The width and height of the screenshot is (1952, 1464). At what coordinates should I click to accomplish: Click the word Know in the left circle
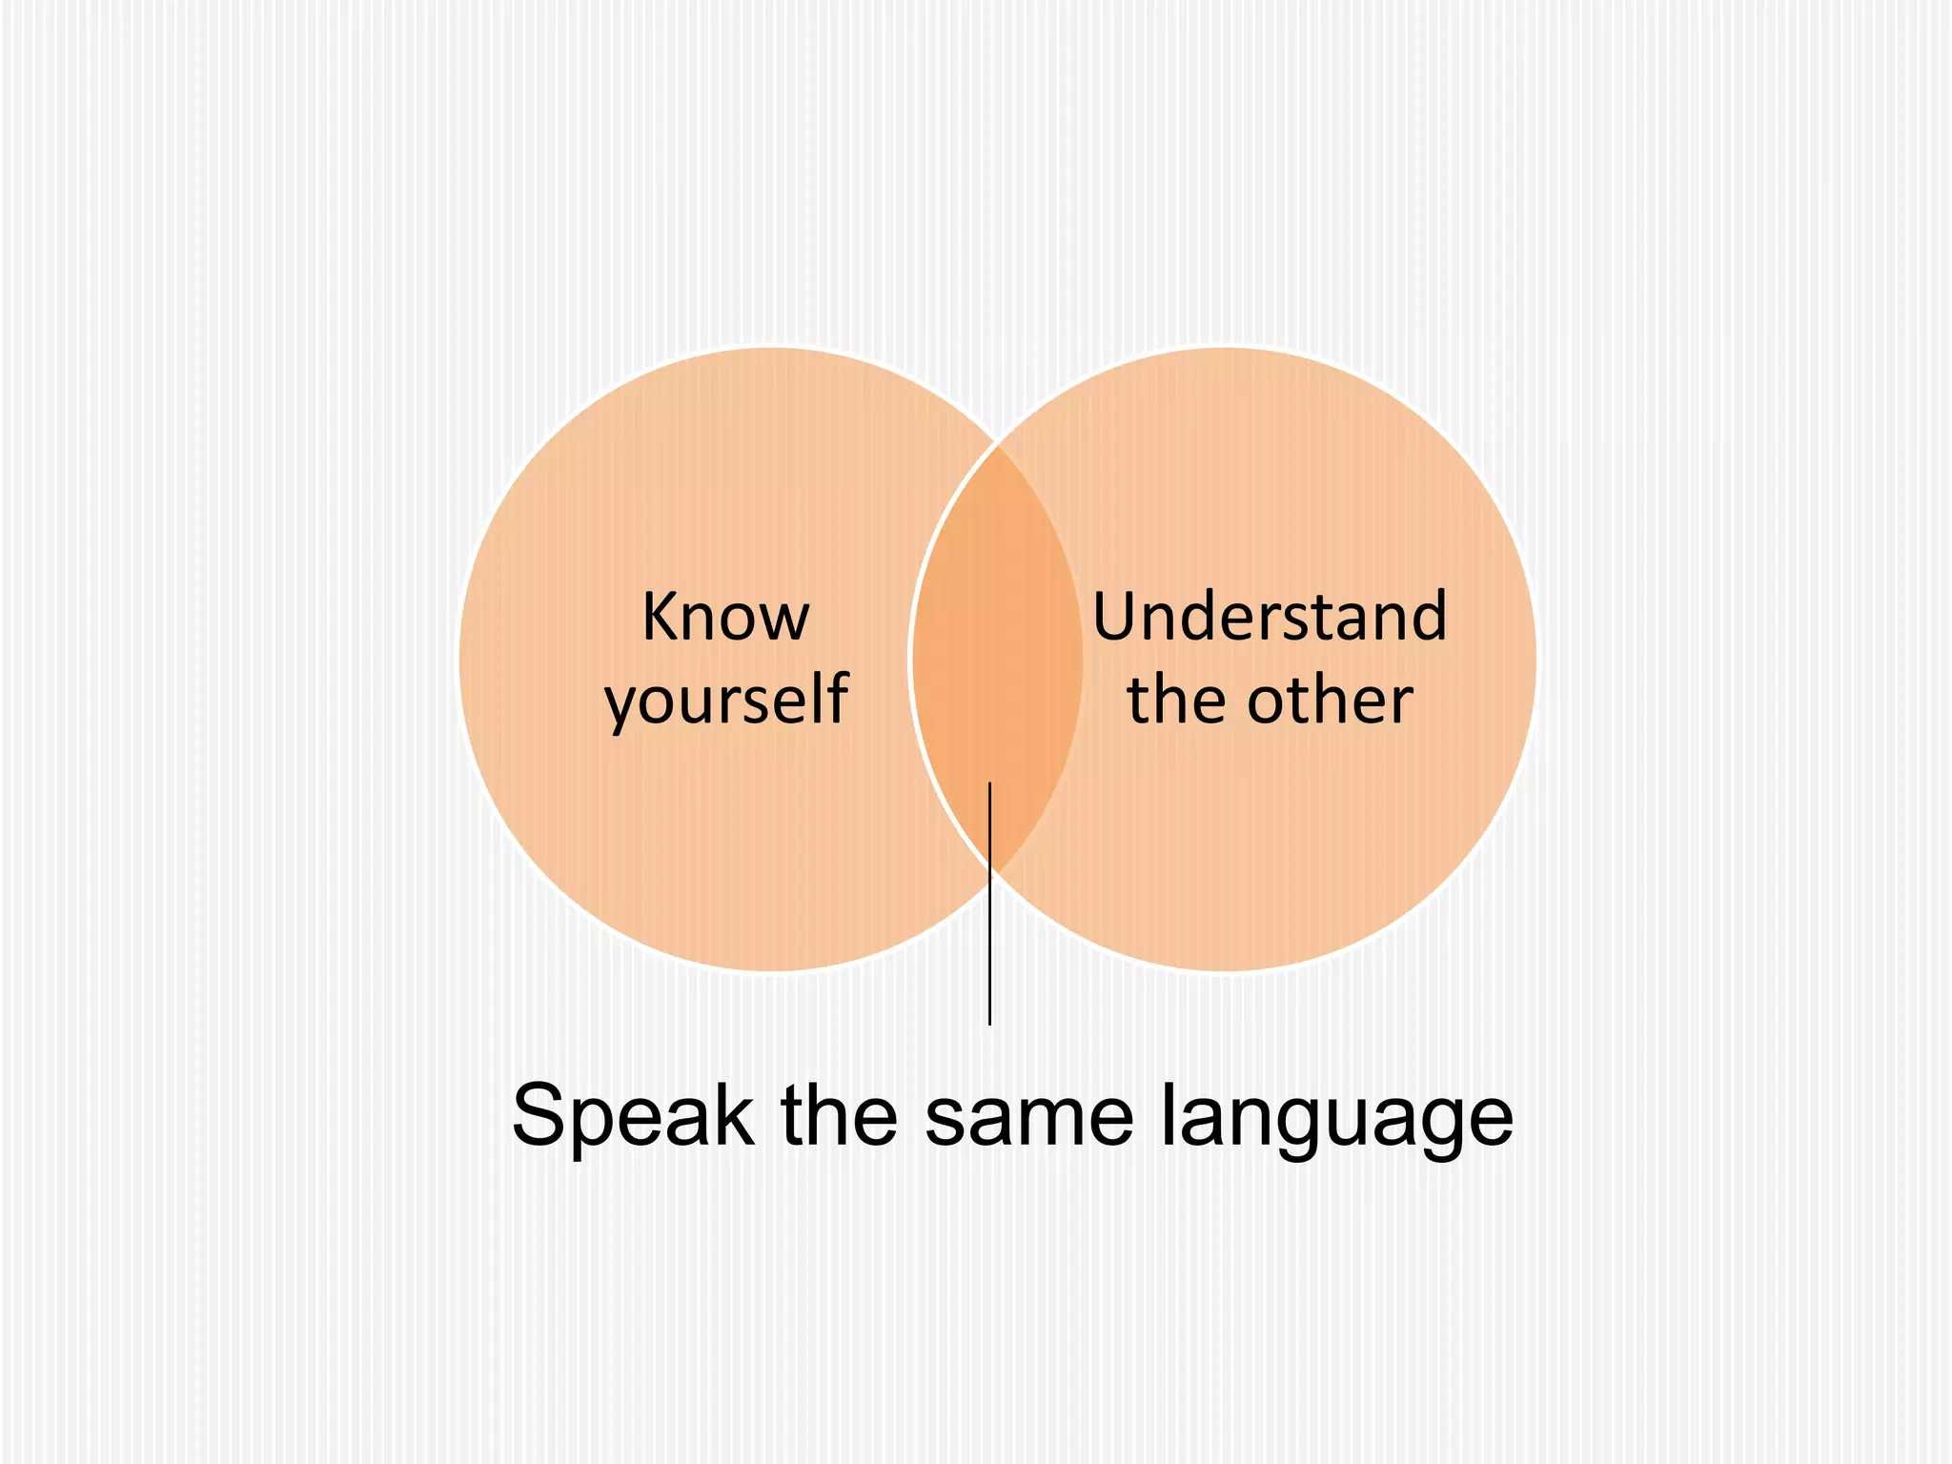(x=725, y=617)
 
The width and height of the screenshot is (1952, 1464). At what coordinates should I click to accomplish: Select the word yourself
(x=726, y=701)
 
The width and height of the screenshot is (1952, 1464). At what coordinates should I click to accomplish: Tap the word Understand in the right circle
(x=1269, y=617)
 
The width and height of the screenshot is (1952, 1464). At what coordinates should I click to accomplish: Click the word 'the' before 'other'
(x=1180, y=701)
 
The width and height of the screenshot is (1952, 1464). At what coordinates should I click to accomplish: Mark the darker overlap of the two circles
(x=997, y=658)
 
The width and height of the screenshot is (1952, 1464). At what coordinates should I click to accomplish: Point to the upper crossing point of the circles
(x=998, y=444)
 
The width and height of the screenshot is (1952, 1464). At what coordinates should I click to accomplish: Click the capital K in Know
(x=660, y=617)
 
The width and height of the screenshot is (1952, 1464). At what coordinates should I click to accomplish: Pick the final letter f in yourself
(x=838, y=698)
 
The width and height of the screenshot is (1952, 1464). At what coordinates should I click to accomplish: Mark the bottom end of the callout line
(x=990, y=1023)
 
